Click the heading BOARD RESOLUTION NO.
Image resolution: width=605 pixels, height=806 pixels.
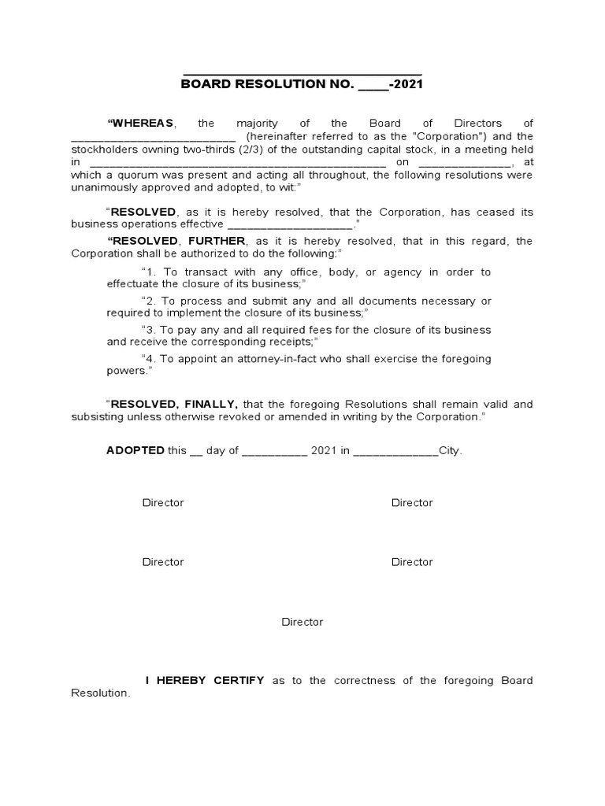pyautogui.click(x=268, y=84)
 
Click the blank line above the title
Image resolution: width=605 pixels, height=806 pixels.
pyautogui.click(x=302, y=72)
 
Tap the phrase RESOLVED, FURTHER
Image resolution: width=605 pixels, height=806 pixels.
pyautogui.click(x=179, y=241)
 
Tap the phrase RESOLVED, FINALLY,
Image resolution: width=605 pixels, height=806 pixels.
pyautogui.click(x=174, y=405)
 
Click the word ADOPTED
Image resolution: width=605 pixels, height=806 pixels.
pyautogui.click(x=135, y=451)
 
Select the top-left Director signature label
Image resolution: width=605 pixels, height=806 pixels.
pyautogui.click(x=163, y=503)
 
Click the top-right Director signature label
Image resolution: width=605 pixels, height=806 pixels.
pyautogui.click(x=412, y=503)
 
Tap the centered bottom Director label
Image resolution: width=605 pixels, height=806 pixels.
pyautogui.click(x=302, y=622)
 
